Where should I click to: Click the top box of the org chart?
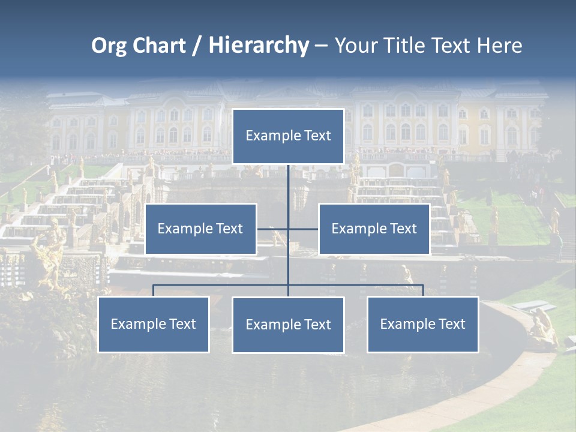[288, 136]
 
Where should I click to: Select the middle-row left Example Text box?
[200, 229]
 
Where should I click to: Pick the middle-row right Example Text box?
[374, 229]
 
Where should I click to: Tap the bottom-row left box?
[154, 324]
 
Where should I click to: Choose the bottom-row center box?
[288, 325]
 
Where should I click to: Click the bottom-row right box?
[423, 324]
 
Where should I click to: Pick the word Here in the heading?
[499, 46]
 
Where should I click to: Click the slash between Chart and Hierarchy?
[197, 46]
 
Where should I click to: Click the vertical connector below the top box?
[289, 186]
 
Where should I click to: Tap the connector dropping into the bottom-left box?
[154, 290]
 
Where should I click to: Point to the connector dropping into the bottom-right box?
[423, 290]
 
